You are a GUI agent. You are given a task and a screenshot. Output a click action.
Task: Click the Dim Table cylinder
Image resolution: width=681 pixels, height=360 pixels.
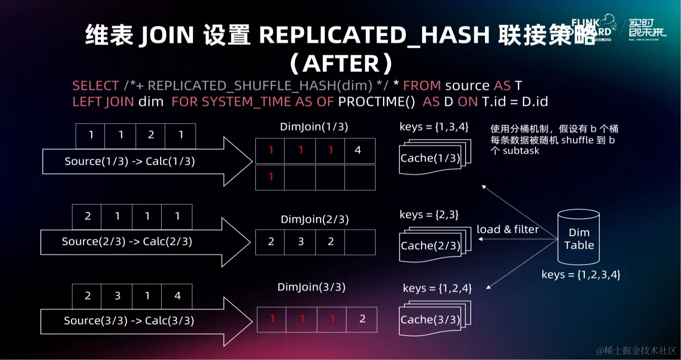pos(579,238)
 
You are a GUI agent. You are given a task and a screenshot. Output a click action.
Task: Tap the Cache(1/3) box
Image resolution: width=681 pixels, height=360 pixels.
pos(430,158)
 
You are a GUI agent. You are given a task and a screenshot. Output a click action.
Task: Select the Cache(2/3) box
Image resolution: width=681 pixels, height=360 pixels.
pos(430,246)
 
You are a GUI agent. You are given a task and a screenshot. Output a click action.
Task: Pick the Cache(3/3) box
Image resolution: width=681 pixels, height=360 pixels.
pos(430,320)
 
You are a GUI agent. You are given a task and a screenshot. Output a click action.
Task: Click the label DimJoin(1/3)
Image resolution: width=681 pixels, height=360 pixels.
pos(314,127)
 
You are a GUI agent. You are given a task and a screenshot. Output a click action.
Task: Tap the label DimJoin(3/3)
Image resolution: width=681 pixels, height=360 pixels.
pos(312,287)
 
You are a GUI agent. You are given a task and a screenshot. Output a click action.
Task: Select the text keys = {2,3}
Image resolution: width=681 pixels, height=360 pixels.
pos(429,214)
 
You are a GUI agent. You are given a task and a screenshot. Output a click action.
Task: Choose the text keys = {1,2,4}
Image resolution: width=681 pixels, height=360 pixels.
pos(437,288)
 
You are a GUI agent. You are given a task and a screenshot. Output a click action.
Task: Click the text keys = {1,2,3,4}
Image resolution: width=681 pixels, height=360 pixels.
pos(581,275)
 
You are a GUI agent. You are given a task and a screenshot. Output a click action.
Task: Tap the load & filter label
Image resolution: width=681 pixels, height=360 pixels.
pos(508,230)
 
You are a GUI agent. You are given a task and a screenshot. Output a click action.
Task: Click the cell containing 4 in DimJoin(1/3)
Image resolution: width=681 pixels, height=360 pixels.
pos(358,150)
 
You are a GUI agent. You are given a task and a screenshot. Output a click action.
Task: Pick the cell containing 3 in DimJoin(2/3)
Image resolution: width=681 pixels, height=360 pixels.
pos(300,241)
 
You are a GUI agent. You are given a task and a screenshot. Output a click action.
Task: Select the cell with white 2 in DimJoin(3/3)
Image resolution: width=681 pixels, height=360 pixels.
pos(362,319)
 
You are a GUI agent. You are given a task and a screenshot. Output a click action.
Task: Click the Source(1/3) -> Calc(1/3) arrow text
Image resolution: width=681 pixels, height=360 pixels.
pos(130,162)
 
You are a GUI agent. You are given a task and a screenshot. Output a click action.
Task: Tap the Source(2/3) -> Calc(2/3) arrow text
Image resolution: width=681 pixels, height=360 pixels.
pos(127,241)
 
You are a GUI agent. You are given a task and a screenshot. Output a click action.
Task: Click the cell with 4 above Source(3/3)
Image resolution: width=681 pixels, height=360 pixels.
pos(177,296)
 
